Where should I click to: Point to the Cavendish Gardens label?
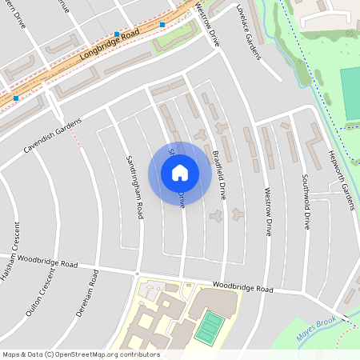(53, 137)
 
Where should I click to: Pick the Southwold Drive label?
(306, 201)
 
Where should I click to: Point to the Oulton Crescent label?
(41, 291)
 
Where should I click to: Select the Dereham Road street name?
(87, 294)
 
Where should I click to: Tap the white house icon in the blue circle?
(180, 173)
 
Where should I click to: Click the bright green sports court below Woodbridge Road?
(210, 326)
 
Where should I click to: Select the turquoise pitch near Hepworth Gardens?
(350, 94)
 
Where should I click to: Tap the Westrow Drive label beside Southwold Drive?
(267, 210)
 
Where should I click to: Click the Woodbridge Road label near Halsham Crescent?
(50, 261)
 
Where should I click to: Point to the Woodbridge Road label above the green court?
(243, 287)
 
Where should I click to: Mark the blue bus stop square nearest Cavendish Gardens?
(17, 98)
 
